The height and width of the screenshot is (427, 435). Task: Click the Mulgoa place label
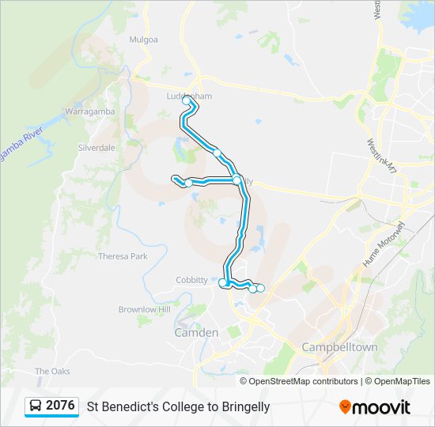point(144,39)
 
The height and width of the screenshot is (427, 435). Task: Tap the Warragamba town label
point(90,111)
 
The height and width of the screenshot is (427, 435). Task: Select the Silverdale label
point(96,148)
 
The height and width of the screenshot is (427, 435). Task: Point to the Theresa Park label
point(123,256)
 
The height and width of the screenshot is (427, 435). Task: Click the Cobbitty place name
point(192,280)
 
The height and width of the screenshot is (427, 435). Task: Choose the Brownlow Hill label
point(144,309)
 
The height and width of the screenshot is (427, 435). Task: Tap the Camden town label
point(195,333)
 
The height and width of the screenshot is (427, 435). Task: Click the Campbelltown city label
point(340,347)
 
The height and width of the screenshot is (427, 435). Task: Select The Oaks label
point(52,371)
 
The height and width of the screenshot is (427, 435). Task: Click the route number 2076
point(60,406)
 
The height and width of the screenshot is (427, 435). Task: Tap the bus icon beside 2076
point(36,406)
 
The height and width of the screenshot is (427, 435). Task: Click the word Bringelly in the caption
point(244,407)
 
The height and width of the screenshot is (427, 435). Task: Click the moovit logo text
point(382,407)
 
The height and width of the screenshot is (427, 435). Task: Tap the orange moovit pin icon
point(345,407)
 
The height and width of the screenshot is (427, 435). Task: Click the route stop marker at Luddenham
point(187,100)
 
